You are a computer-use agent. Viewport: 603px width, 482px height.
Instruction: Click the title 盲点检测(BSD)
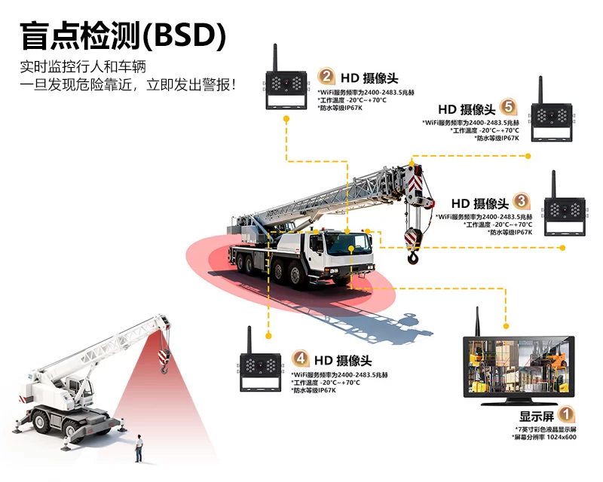coord(123,35)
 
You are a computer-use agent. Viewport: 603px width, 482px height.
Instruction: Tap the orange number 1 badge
coord(566,414)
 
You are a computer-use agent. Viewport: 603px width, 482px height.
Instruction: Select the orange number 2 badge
coord(326,77)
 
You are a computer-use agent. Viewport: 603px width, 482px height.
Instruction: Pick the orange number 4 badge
coord(301,359)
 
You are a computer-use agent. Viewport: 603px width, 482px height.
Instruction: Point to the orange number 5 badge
coord(508,108)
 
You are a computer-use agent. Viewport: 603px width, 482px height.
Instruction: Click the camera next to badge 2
coord(285,86)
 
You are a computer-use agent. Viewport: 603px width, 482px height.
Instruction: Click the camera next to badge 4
coord(261,368)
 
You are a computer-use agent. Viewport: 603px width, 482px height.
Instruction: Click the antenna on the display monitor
coord(477,321)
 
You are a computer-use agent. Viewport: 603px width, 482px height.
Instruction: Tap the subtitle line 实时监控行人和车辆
coord(82,66)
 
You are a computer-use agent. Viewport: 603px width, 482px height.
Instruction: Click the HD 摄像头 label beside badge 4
coord(343,361)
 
